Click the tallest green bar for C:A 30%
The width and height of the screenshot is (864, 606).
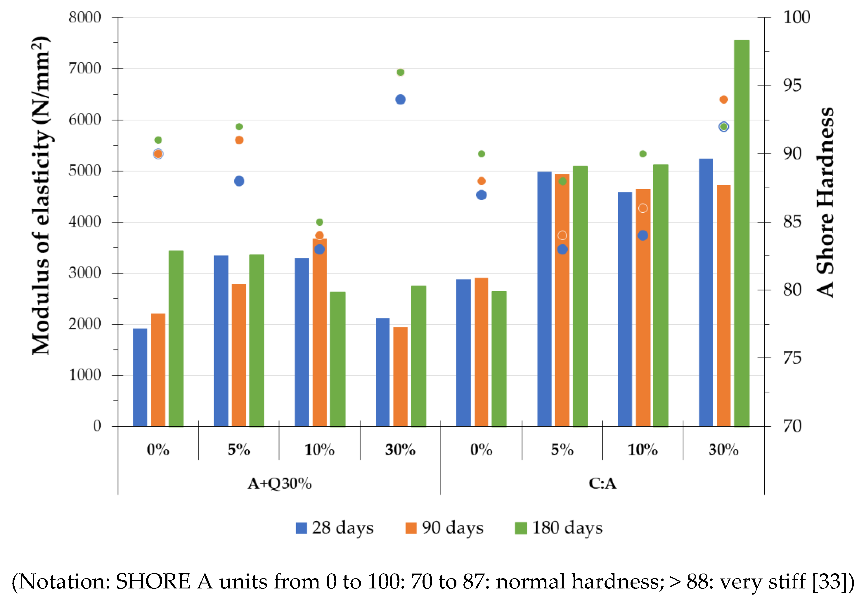pyautogui.click(x=741, y=233)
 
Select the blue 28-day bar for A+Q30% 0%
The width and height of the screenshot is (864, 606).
pyautogui.click(x=140, y=377)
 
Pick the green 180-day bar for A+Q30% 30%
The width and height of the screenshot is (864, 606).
pyautogui.click(x=418, y=356)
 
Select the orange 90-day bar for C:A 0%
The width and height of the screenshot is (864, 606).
pyautogui.click(x=481, y=352)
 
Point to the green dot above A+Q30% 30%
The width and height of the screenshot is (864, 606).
pyautogui.click(x=400, y=72)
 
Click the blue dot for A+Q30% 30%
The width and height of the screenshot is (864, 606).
pyautogui.click(x=400, y=99)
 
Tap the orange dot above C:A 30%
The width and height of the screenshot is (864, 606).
pyautogui.click(x=723, y=99)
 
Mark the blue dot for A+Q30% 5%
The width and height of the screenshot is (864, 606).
pyautogui.click(x=239, y=181)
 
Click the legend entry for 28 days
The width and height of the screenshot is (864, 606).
pyautogui.click(x=335, y=528)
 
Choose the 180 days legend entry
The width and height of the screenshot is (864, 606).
pyautogui.click(x=559, y=528)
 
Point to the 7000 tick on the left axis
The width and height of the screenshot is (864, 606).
pyautogui.click(x=85, y=68)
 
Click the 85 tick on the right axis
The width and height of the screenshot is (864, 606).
pyautogui.click(x=792, y=222)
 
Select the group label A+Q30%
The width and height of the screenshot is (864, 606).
pyautogui.click(x=279, y=483)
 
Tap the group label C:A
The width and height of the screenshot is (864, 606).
pyautogui.click(x=602, y=483)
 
